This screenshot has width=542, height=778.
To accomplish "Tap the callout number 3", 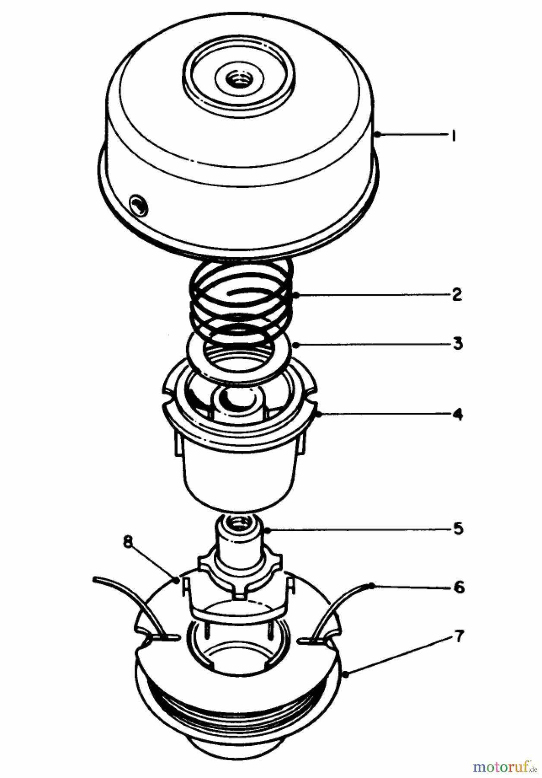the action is pos(457,344).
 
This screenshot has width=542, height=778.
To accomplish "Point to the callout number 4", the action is pos(457,415).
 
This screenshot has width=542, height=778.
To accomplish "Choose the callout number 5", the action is pos(458,529).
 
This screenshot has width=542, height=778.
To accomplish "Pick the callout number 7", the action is pos(459,636).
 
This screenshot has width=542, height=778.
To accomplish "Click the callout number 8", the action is pos(127,542).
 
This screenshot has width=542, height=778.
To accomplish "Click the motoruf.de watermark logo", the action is pos(504,766).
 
